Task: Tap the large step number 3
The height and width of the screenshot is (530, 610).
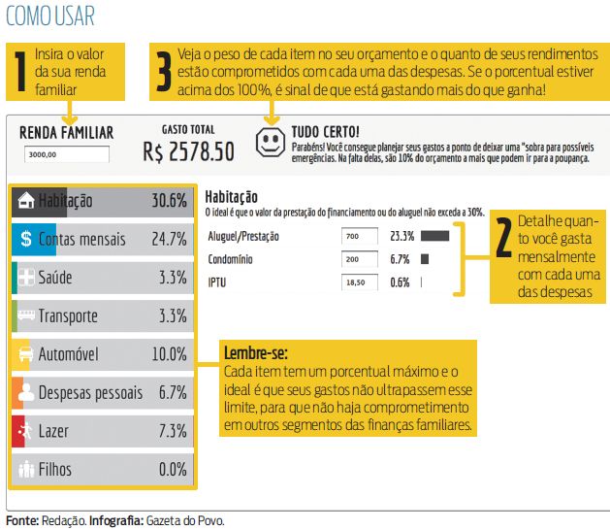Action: click(164, 71)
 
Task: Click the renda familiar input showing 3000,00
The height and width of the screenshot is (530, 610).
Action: click(67, 153)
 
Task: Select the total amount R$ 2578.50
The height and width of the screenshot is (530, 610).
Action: click(188, 151)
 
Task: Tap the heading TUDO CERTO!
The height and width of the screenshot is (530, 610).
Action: click(325, 131)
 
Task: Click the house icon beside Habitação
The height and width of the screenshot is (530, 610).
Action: click(26, 201)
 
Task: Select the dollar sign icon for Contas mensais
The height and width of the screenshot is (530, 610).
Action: click(26, 240)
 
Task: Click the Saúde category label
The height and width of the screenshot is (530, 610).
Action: click(55, 278)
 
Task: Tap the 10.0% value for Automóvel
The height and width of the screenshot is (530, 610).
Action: click(168, 354)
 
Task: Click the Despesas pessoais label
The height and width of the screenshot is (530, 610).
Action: click(90, 393)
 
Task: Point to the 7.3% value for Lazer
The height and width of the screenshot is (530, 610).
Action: click(172, 431)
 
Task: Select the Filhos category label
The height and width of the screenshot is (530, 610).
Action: click(55, 470)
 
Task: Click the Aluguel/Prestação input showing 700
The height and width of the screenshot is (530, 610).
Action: click(360, 236)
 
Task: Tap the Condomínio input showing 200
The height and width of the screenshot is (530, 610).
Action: click(360, 260)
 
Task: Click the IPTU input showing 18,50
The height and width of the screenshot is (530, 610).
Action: click(360, 283)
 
